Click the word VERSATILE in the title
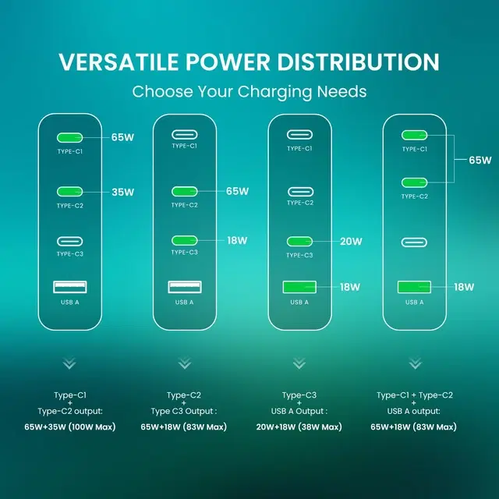pyautogui.click(x=119, y=62)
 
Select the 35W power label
pyautogui.click(x=123, y=193)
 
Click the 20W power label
pyautogui.click(x=351, y=241)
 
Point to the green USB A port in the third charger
pyautogui.click(x=299, y=287)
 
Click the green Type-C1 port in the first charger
pyautogui.click(x=69, y=137)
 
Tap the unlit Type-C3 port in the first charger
pyautogui.click(x=69, y=242)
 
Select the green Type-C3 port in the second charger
pyautogui.click(x=185, y=241)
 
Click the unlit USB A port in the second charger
pyautogui.click(x=185, y=287)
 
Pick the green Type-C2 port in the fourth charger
pyautogui.click(x=414, y=182)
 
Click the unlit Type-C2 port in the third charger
pyautogui.click(x=300, y=192)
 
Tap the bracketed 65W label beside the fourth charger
pyautogui.click(x=480, y=160)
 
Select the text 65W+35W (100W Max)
pyautogui.click(x=70, y=426)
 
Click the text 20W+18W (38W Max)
pyautogui.click(x=299, y=426)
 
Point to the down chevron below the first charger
pyautogui.click(x=69, y=363)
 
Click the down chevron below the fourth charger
pyautogui.click(x=415, y=363)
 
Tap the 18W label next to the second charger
pyautogui.click(x=237, y=241)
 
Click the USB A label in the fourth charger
pyautogui.click(x=414, y=303)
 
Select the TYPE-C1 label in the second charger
pyautogui.click(x=185, y=146)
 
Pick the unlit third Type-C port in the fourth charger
pyautogui.click(x=414, y=242)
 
